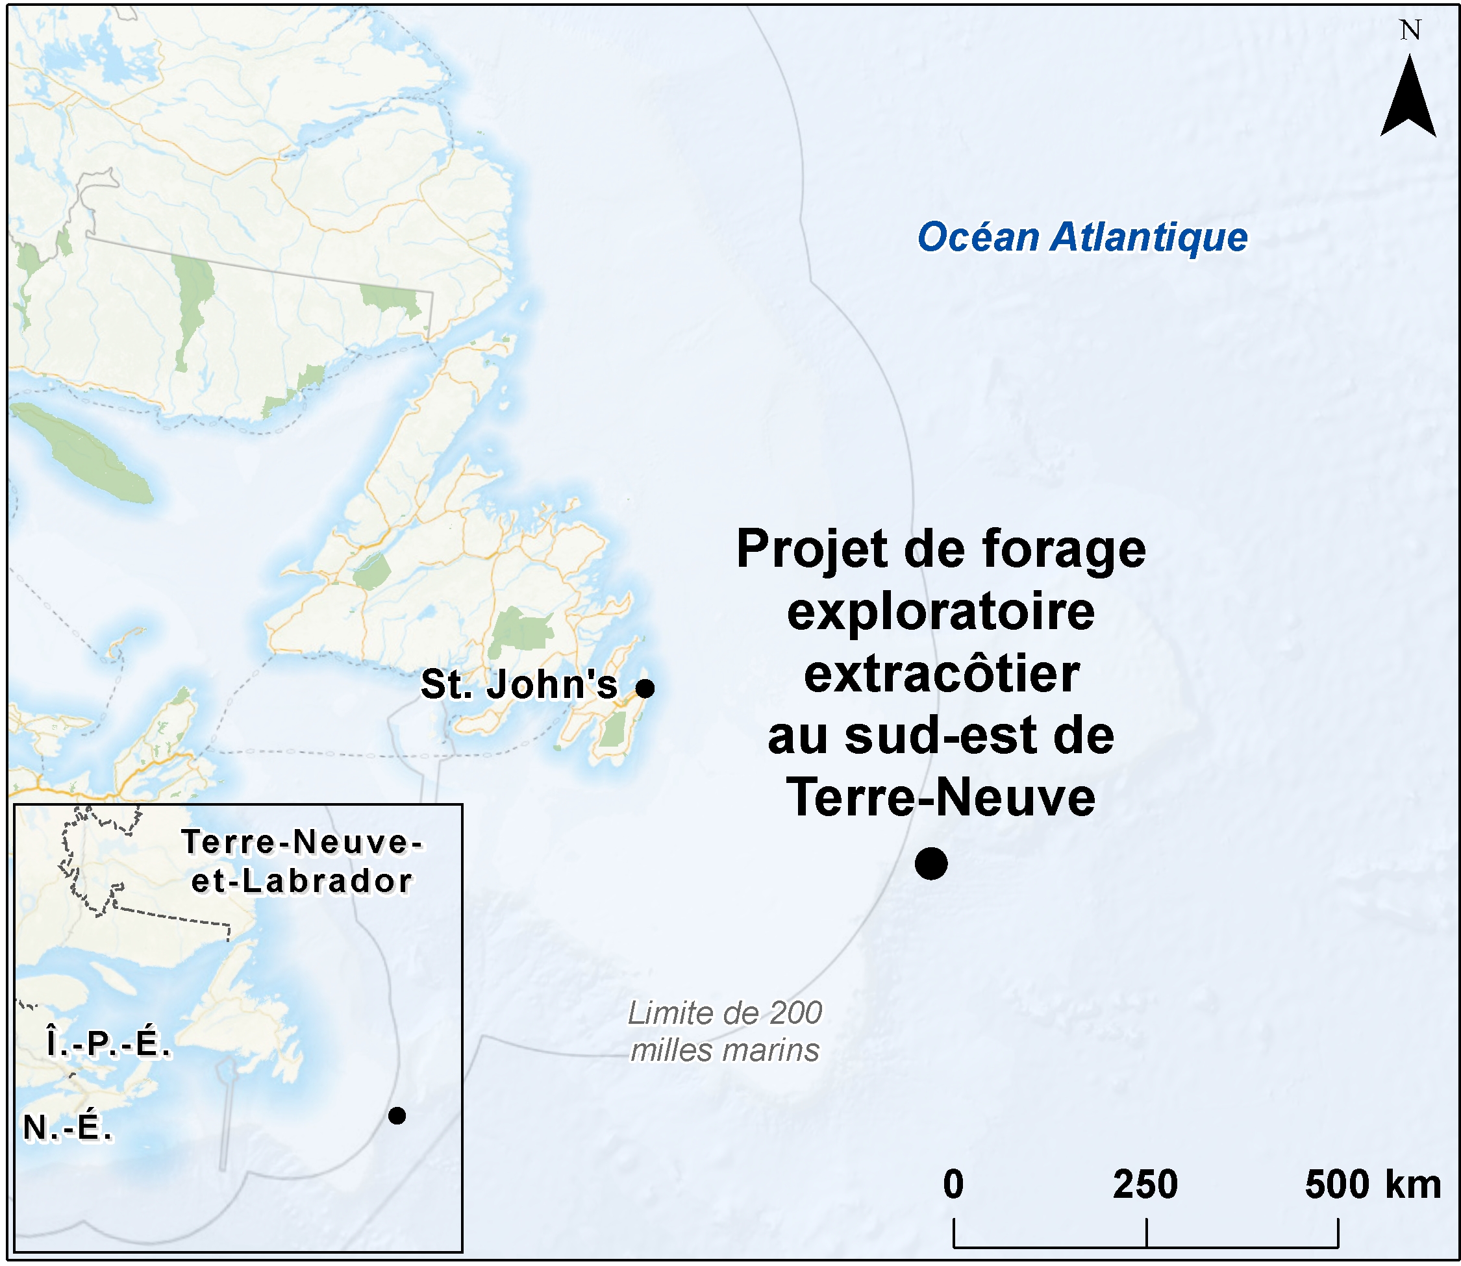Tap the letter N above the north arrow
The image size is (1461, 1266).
tap(1410, 31)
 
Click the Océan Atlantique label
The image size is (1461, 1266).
tap(1082, 238)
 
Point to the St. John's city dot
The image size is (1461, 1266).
tap(645, 688)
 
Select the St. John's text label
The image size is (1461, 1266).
tap(519, 684)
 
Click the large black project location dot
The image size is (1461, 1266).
tap(931, 863)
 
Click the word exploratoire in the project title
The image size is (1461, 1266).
tap(941, 612)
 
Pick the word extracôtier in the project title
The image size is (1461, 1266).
tap(941, 674)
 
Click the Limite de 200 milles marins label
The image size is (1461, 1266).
tap(725, 1032)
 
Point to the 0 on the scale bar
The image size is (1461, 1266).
tap(953, 1185)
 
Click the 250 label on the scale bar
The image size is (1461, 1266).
tap(1145, 1185)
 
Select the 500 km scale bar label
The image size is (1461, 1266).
tap(1373, 1185)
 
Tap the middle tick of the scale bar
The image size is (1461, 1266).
tap(1146, 1232)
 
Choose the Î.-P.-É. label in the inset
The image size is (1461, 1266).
tap(109, 1042)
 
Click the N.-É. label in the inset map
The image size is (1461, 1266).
tap(68, 1128)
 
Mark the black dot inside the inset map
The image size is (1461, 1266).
tap(397, 1115)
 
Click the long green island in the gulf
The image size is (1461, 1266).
tap(81, 451)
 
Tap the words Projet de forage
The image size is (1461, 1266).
tap(941, 550)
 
